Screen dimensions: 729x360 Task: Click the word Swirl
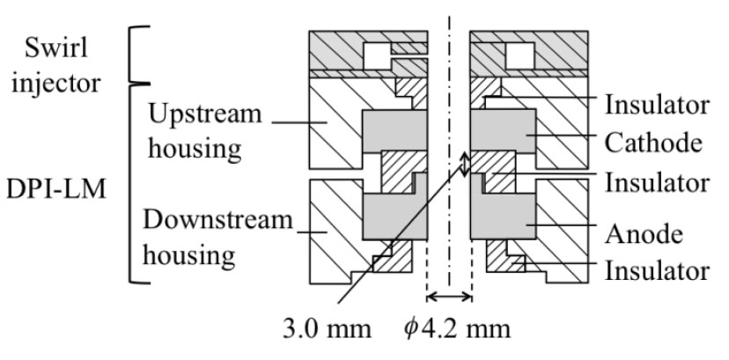56,48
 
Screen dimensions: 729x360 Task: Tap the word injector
55,83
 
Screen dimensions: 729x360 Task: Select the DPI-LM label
56,189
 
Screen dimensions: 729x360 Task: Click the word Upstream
204,114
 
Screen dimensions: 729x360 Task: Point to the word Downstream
217,220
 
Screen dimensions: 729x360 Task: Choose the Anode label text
644,233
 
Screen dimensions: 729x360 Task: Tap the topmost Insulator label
657,105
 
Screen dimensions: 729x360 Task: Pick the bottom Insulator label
657,270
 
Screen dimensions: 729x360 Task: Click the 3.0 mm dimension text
328,328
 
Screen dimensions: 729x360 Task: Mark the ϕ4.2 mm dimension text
457,328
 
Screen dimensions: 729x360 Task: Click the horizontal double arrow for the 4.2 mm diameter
449,297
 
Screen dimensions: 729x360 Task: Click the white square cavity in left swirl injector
377,56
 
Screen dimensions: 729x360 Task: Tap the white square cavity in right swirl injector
520,56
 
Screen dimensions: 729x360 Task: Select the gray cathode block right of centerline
503,131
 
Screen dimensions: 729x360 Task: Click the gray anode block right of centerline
503,216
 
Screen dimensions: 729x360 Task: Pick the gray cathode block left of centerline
394,131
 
